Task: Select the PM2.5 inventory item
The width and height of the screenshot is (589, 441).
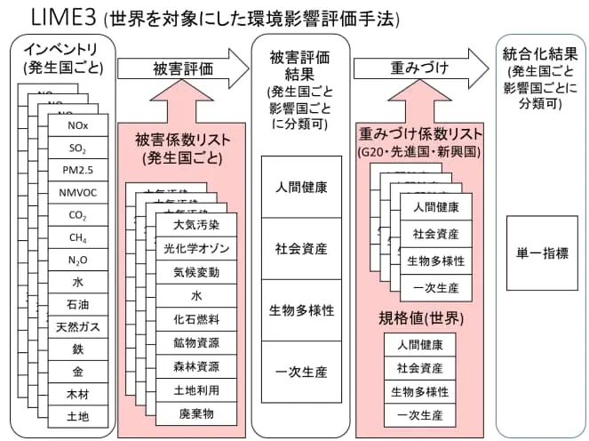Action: click(x=77, y=170)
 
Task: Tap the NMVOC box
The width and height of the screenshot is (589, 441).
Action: click(x=77, y=192)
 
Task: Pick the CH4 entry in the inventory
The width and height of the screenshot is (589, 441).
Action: click(x=77, y=237)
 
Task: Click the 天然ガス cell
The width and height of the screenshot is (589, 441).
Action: click(x=77, y=327)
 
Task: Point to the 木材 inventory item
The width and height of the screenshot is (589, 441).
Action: click(x=77, y=394)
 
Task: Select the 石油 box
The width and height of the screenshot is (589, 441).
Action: click(x=77, y=305)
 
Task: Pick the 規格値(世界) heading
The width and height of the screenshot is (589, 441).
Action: click(x=418, y=318)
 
